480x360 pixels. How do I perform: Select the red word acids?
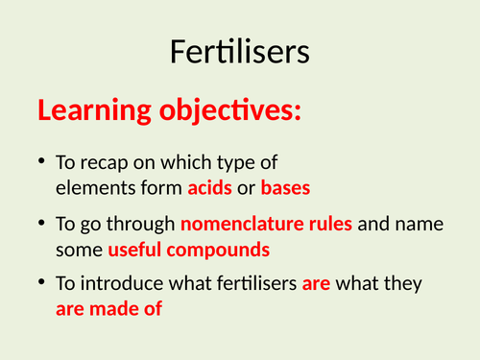tap(210, 186)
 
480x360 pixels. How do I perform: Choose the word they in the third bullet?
tap(411, 285)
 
